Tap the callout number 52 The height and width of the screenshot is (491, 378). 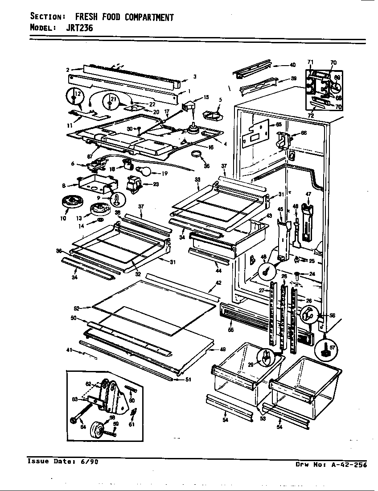76,308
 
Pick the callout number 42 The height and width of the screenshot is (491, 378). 218,283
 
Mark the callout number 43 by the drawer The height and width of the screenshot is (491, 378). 268,216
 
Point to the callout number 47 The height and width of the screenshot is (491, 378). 307,194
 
